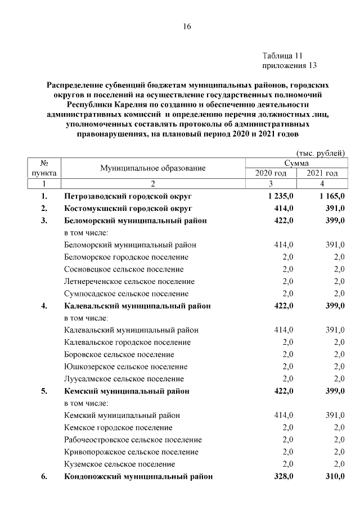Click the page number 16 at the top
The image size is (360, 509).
click(x=187, y=26)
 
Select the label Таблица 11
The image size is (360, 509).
click(x=282, y=56)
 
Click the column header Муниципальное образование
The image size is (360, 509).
click(x=153, y=168)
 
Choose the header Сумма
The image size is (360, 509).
click(x=295, y=163)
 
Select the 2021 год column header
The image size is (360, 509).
click(x=322, y=173)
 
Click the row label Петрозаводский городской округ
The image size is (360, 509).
click(x=128, y=196)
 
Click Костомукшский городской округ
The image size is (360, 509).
click(x=128, y=209)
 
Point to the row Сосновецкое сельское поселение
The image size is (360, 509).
click(x=124, y=269)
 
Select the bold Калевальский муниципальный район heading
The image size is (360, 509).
click(x=137, y=306)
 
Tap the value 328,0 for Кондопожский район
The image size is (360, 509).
click(x=283, y=476)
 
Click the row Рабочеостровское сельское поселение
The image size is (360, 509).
click(x=133, y=440)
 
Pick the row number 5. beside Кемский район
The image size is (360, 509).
click(x=44, y=391)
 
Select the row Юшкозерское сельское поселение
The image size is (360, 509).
click(x=124, y=367)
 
